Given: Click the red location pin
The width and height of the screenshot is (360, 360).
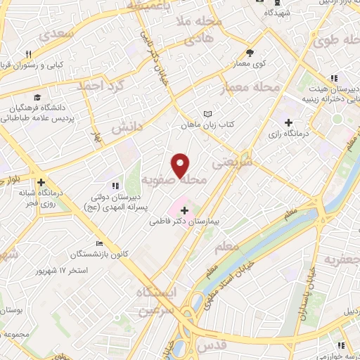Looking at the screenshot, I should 181,165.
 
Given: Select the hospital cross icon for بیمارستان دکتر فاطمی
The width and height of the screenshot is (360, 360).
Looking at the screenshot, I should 184,210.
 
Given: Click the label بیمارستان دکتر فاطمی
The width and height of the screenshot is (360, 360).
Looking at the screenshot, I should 184,221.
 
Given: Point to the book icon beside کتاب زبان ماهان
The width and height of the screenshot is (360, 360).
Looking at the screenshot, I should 207,114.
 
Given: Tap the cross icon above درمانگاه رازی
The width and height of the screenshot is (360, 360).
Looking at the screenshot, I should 289,123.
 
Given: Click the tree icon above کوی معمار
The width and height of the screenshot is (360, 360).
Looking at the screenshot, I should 249,53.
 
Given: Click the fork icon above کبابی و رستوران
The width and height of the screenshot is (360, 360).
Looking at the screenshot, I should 29,54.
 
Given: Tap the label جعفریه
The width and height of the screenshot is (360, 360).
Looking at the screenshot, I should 342,259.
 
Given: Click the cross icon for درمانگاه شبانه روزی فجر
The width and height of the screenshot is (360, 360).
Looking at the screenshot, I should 42,181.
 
